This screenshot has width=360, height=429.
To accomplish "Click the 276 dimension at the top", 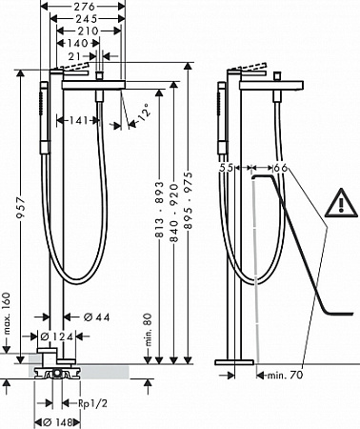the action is pyautogui.click(x=86, y=6).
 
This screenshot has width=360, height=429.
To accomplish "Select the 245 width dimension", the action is pyautogui.click(x=86, y=19).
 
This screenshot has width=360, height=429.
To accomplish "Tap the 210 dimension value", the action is pyautogui.click(x=88, y=31).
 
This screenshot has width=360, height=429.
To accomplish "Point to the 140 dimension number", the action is pyautogui.click(x=77, y=43).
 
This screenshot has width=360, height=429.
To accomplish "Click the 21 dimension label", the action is pyautogui.click(x=74, y=56).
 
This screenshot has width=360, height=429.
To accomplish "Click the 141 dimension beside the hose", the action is pyautogui.click(x=78, y=120).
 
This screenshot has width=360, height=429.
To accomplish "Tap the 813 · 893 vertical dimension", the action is pyautogui.click(x=159, y=210).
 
